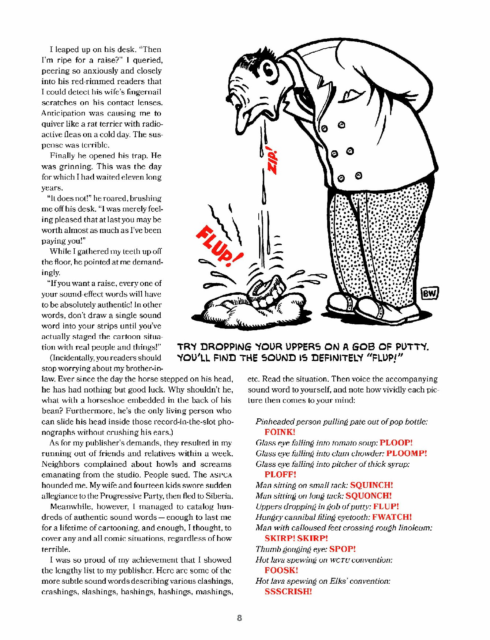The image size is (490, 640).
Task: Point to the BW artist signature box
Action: pos(429,293)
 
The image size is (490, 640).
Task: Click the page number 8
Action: pos(239,618)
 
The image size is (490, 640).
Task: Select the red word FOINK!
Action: pos(280,432)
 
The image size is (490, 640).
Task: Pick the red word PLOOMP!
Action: pos(407,453)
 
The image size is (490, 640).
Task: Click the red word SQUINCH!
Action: pos(371,485)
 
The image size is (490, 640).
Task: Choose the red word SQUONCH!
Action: pos(369,496)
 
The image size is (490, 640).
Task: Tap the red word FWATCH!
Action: pos(392,517)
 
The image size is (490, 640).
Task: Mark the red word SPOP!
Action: pos(342,549)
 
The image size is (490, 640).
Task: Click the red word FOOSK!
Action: pos(281,570)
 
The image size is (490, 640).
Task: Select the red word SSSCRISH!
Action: pos(288,591)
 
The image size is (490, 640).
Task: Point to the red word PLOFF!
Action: pos(280,474)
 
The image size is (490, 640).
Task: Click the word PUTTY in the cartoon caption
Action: pos(412,346)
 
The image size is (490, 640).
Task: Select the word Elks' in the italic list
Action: pos(335,581)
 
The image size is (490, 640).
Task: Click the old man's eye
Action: pos(268,69)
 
